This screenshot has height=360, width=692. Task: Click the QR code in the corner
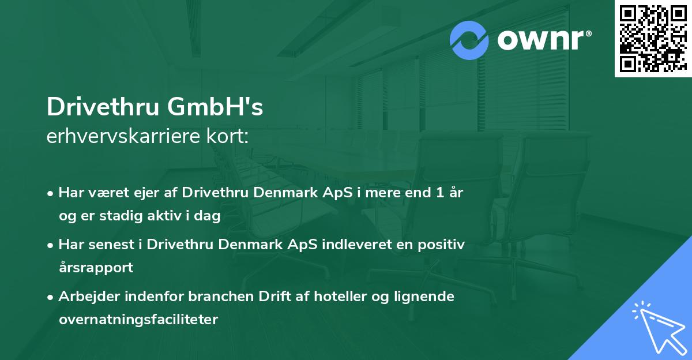click(x=653, y=39)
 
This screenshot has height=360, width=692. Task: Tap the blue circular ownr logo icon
click(x=469, y=40)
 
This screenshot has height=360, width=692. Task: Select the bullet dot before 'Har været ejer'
click(x=51, y=194)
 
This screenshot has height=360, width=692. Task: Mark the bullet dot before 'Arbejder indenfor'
click(x=51, y=298)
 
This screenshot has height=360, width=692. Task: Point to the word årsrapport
click(x=96, y=268)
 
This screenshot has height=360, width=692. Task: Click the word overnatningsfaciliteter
click(x=138, y=320)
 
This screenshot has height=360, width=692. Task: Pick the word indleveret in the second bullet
click(x=355, y=245)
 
